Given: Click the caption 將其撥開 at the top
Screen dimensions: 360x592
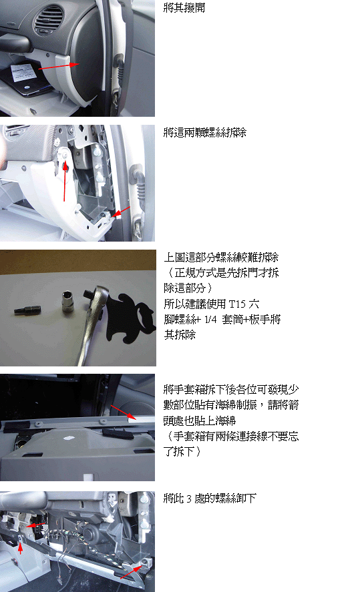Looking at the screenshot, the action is click(184, 7).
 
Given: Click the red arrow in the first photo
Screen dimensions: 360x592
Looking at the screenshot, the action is click(59, 67).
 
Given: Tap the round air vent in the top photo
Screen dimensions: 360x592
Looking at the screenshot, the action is click(49, 19).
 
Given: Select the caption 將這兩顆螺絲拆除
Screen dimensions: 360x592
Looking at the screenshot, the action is click(205, 132).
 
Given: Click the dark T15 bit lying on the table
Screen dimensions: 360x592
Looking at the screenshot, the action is click(27, 310).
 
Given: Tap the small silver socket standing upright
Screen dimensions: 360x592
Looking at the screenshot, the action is click(68, 301).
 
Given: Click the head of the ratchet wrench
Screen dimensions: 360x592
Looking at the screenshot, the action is click(96, 296).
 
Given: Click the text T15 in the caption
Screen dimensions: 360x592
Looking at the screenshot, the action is click(237, 304).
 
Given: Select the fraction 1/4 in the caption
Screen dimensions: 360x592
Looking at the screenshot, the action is click(210, 320).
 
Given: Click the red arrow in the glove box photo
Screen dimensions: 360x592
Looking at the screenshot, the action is click(124, 412).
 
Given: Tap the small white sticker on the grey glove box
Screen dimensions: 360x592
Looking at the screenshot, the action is click(69, 438).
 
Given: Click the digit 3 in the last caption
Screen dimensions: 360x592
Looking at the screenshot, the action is click(189, 499).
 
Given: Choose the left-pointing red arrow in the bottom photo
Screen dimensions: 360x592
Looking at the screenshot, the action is click(35, 525).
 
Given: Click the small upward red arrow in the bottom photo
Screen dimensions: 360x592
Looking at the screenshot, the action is click(21, 548).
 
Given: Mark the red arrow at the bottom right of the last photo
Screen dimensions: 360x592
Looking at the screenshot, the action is click(132, 572).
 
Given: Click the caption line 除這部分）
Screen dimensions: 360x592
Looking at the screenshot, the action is click(188, 288).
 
